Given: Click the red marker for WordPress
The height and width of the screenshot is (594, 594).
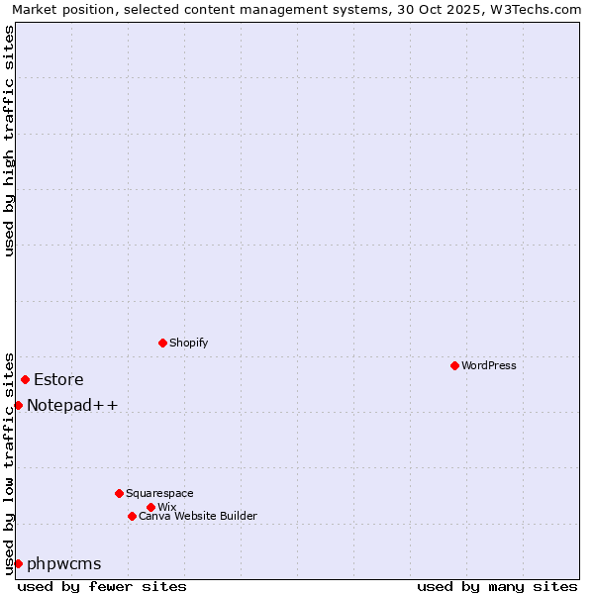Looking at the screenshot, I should [454, 365].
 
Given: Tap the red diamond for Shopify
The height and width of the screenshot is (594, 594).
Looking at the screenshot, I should [162, 343].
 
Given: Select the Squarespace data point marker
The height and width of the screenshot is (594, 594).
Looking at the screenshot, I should [119, 493].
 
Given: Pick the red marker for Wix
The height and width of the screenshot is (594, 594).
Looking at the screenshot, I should [150, 507].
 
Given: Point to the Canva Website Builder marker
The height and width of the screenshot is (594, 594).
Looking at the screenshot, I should [132, 516].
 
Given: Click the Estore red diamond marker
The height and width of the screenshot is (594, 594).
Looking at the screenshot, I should [25, 379].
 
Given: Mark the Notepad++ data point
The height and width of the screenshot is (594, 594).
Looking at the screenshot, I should [18, 405].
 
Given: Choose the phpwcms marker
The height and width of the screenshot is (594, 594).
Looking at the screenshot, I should [18, 563].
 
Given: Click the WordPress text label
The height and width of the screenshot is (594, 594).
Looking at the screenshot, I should [489, 365].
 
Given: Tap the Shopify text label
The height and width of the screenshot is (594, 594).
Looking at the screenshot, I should [189, 343].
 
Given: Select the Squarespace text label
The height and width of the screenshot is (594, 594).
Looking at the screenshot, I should [159, 493].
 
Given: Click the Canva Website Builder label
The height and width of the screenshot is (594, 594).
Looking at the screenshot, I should [198, 516].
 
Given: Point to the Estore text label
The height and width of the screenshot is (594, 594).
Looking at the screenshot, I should [58, 379].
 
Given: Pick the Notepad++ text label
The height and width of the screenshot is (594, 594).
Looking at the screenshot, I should [72, 405].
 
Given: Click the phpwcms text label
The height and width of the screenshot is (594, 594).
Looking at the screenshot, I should [64, 563].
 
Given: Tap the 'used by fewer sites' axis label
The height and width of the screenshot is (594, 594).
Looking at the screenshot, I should [102, 586].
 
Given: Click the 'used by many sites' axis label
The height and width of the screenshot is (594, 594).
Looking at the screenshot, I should [497, 586].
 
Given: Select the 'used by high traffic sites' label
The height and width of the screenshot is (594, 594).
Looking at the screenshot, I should [9, 141].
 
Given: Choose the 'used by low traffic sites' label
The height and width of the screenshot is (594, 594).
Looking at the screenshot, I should [9, 463].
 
